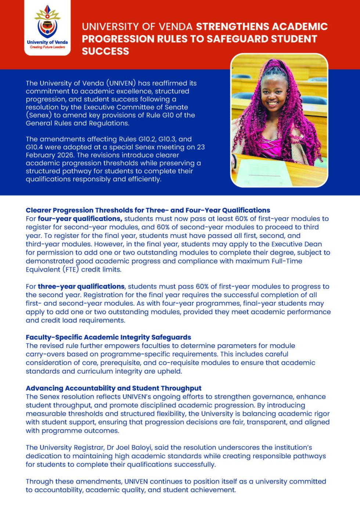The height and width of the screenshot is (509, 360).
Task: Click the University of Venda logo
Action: point(47,27)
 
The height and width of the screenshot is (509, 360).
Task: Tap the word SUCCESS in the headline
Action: point(105,51)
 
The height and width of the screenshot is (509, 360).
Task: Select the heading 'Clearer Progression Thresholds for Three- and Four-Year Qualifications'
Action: point(148,210)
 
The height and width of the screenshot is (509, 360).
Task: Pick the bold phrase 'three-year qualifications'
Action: point(81,286)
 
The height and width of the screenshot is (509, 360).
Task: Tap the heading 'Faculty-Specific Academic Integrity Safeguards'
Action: point(108,337)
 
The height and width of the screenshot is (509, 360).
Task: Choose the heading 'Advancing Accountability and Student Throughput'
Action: point(114,388)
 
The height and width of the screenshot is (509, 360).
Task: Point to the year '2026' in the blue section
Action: point(65,155)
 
